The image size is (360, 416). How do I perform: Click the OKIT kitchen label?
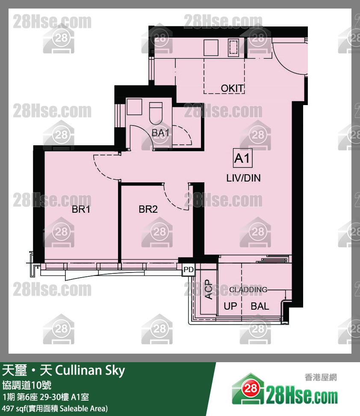click(x=232, y=88)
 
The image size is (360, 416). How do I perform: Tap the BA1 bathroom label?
click(x=160, y=133)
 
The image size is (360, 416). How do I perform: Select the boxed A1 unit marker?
click(x=242, y=159)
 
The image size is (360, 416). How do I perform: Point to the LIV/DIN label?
click(x=243, y=178)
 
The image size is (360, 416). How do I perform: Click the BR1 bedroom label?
click(x=80, y=210)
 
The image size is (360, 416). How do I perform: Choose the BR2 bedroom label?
click(x=148, y=209)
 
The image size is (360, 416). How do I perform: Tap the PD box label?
click(x=188, y=270)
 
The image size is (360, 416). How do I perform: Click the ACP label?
click(x=209, y=289)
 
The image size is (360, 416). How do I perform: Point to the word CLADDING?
click(x=248, y=290)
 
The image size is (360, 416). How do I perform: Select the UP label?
click(x=230, y=306)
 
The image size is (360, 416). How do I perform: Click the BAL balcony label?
click(x=260, y=306)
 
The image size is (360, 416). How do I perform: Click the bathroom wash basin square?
click(x=134, y=106)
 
